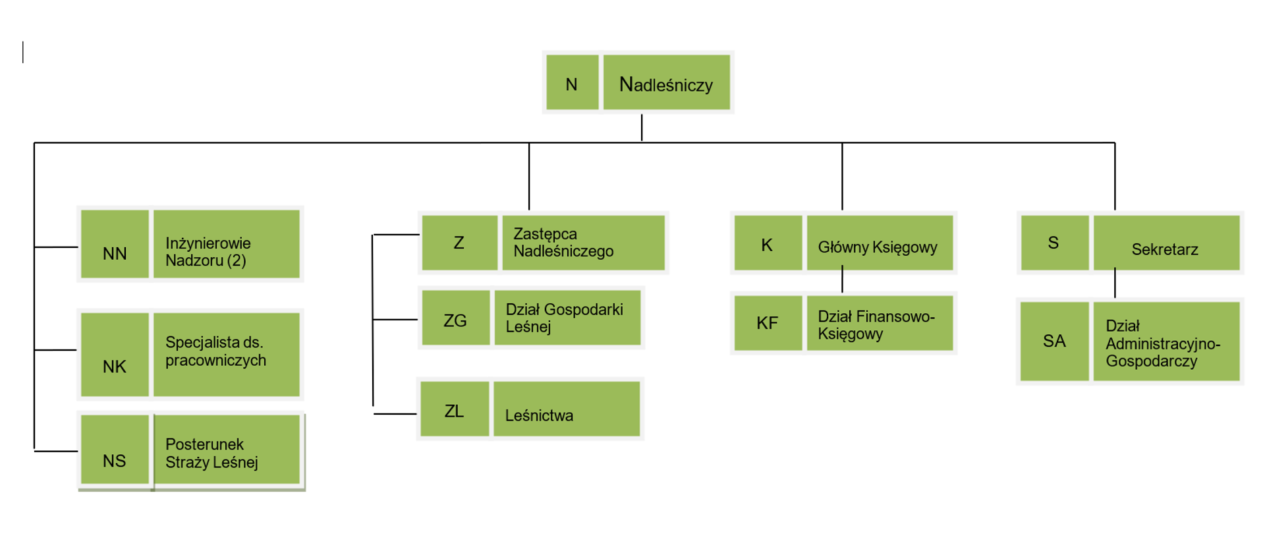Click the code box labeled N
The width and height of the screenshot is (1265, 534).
tap(572, 82)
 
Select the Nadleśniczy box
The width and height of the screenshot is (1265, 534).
tap(666, 82)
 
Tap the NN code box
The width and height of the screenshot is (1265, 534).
tap(115, 245)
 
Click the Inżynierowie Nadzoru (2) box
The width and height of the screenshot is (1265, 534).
tap(226, 245)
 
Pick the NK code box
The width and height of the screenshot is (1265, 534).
tap(115, 355)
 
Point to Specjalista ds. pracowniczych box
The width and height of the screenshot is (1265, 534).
tap(226, 355)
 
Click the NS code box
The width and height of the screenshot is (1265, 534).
tap(115, 450)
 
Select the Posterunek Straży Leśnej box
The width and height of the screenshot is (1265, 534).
tap(226, 450)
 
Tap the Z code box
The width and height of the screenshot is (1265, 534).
tap(459, 243)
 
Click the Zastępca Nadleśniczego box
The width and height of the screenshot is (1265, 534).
tap(582, 243)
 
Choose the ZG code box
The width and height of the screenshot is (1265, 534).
tap(455, 318)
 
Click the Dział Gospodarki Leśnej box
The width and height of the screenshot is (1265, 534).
tap(567, 318)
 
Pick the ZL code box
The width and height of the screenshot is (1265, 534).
tap(455, 409)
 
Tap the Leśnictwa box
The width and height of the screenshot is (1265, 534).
tap(566, 409)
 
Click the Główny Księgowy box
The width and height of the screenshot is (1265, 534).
tap(880, 243)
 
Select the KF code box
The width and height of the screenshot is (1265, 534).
tap(768, 323)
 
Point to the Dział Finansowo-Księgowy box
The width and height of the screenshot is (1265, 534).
tap(880, 323)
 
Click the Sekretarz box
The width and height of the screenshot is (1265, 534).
tap(1166, 243)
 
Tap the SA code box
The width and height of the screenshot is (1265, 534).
tap(1054, 341)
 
